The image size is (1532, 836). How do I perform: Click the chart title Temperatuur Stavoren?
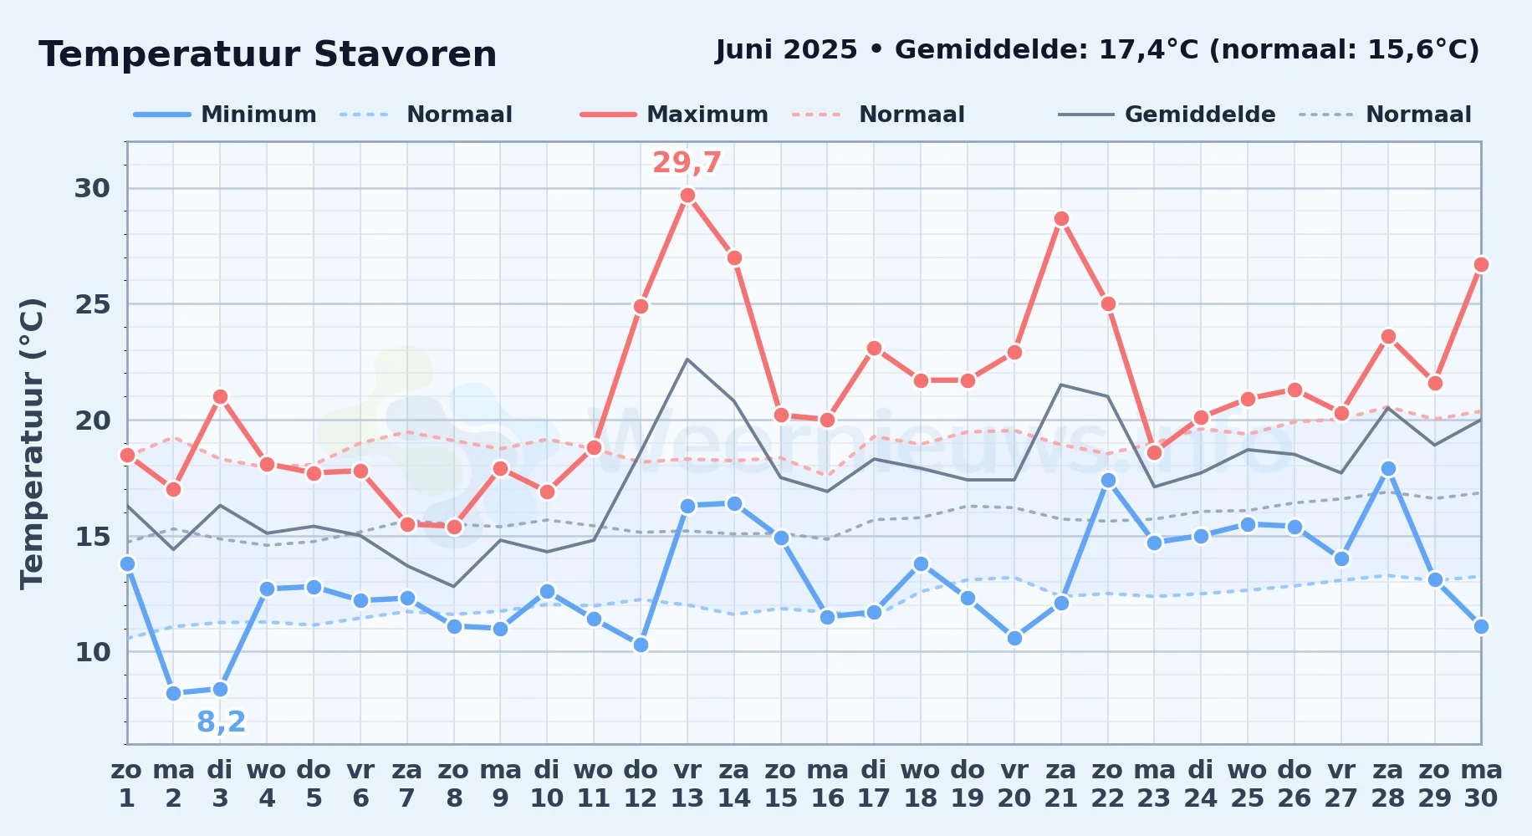coord(268,54)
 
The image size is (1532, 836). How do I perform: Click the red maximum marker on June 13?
coord(687,196)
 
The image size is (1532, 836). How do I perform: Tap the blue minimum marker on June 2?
coord(174,693)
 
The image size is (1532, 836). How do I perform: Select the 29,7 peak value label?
coord(687,162)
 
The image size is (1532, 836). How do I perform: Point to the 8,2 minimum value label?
coord(222,721)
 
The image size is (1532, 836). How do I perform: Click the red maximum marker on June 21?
coord(1061,219)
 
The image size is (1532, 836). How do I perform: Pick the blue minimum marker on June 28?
coord(1388,469)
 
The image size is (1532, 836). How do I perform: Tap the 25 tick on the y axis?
coord(93,304)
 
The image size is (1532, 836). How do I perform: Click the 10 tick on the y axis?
coord(93,652)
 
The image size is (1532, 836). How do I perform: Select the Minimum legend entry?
coord(226,115)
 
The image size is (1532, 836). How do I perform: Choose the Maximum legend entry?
coord(674,115)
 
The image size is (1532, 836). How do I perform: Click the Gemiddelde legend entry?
coord(1167,115)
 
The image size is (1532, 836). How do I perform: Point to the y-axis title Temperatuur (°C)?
coord(32,443)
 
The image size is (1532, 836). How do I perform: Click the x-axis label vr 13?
coord(687,784)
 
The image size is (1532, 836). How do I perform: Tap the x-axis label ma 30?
coord(1481,784)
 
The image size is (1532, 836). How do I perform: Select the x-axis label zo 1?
coord(127,784)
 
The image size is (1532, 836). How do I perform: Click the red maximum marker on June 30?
coord(1481,265)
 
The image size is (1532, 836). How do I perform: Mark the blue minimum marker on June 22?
coord(1108,480)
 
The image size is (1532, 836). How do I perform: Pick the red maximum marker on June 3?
coord(220,397)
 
